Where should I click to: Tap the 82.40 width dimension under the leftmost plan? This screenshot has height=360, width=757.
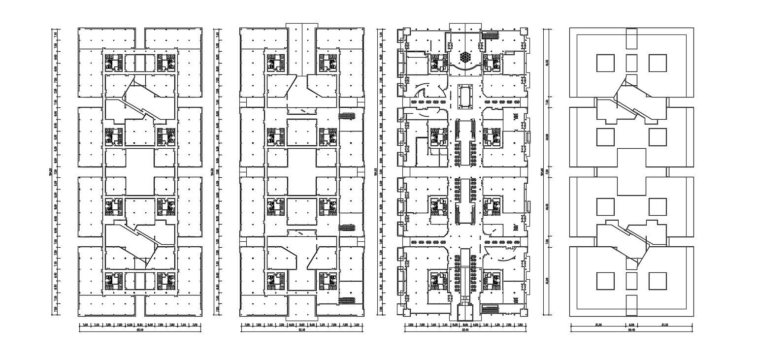[140, 330]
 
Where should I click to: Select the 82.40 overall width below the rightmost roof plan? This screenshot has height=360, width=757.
[631, 330]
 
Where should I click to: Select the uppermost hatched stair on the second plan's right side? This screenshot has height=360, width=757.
[347, 116]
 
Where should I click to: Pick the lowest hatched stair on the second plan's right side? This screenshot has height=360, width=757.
[347, 300]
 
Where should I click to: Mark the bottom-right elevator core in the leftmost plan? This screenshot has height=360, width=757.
[166, 281]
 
